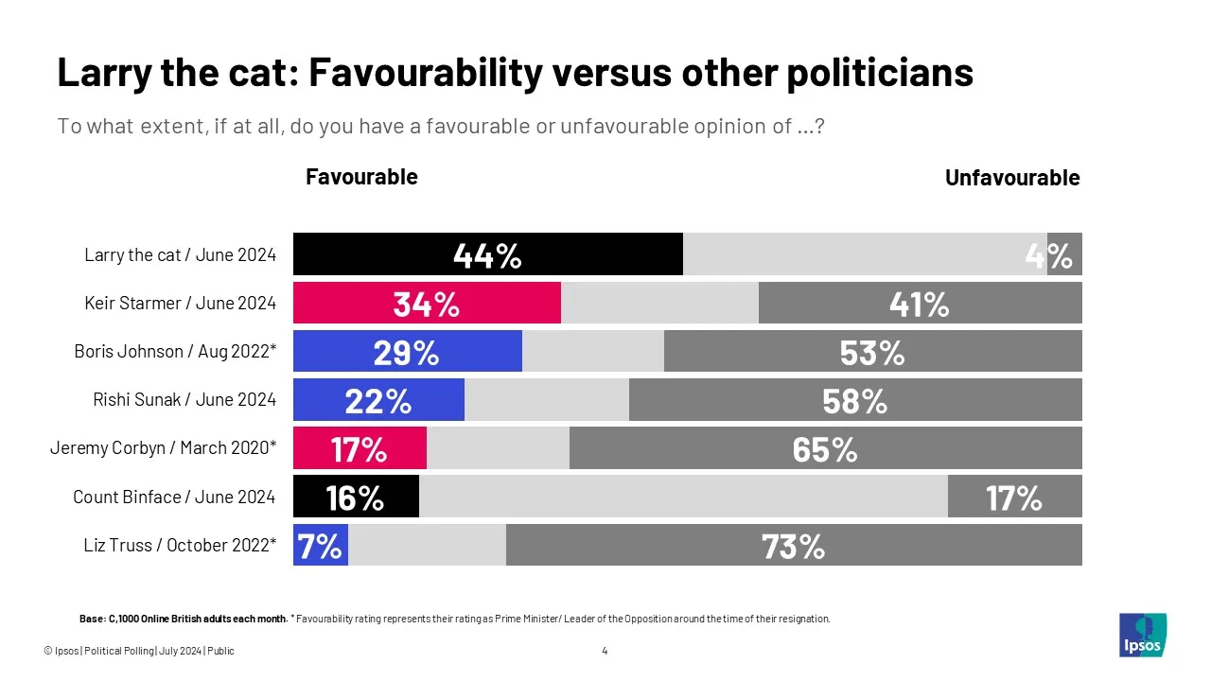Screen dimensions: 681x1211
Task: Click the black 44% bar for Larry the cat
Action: (x=488, y=254)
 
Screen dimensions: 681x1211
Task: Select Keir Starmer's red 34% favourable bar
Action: (x=427, y=303)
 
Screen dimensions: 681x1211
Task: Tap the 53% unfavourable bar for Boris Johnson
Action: (x=872, y=351)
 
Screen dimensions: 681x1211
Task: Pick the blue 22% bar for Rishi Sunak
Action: (x=378, y=399)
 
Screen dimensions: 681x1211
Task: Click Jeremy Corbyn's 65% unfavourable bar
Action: (x=825, y=447)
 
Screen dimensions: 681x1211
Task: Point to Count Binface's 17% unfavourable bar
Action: (x=1014, y=497)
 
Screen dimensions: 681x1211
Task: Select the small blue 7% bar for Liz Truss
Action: (x=321, y=545)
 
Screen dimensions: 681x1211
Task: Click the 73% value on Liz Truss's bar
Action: (x=794, y=546)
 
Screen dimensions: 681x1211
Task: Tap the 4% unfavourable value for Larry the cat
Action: (x=1050, y=255)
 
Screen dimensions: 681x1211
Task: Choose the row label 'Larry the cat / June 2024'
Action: (x=180, y=254)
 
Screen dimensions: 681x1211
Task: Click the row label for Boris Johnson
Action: (x=175, y=351)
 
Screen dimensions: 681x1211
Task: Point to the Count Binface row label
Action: (x=174, y=497)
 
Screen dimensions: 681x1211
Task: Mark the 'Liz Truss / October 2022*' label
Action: (x=181, y=545)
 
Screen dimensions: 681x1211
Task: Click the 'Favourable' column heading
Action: (x=361, y=177)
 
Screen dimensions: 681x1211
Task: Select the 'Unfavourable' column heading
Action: (x=1012, y=178)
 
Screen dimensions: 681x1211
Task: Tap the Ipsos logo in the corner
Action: (x=1143, y=635)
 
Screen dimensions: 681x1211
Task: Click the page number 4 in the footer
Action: (x=605, y=651)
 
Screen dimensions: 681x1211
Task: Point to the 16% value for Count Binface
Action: (x=355, y=497)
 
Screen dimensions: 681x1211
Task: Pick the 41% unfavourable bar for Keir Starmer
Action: (x=920, y=303)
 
